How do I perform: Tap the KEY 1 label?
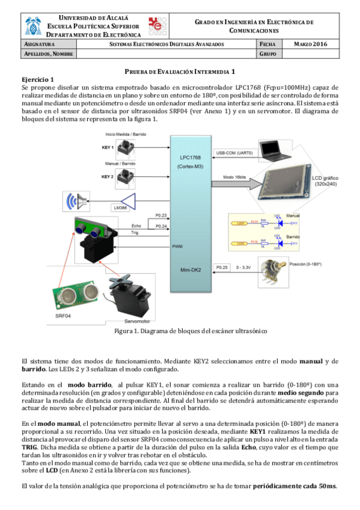pos(108,147)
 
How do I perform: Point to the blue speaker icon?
pos(76,200)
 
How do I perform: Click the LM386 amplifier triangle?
pos(126,201)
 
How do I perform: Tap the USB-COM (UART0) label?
pos(234,153)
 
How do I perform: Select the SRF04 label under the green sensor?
pos(63,315)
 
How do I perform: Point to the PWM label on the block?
pos(177,246)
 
